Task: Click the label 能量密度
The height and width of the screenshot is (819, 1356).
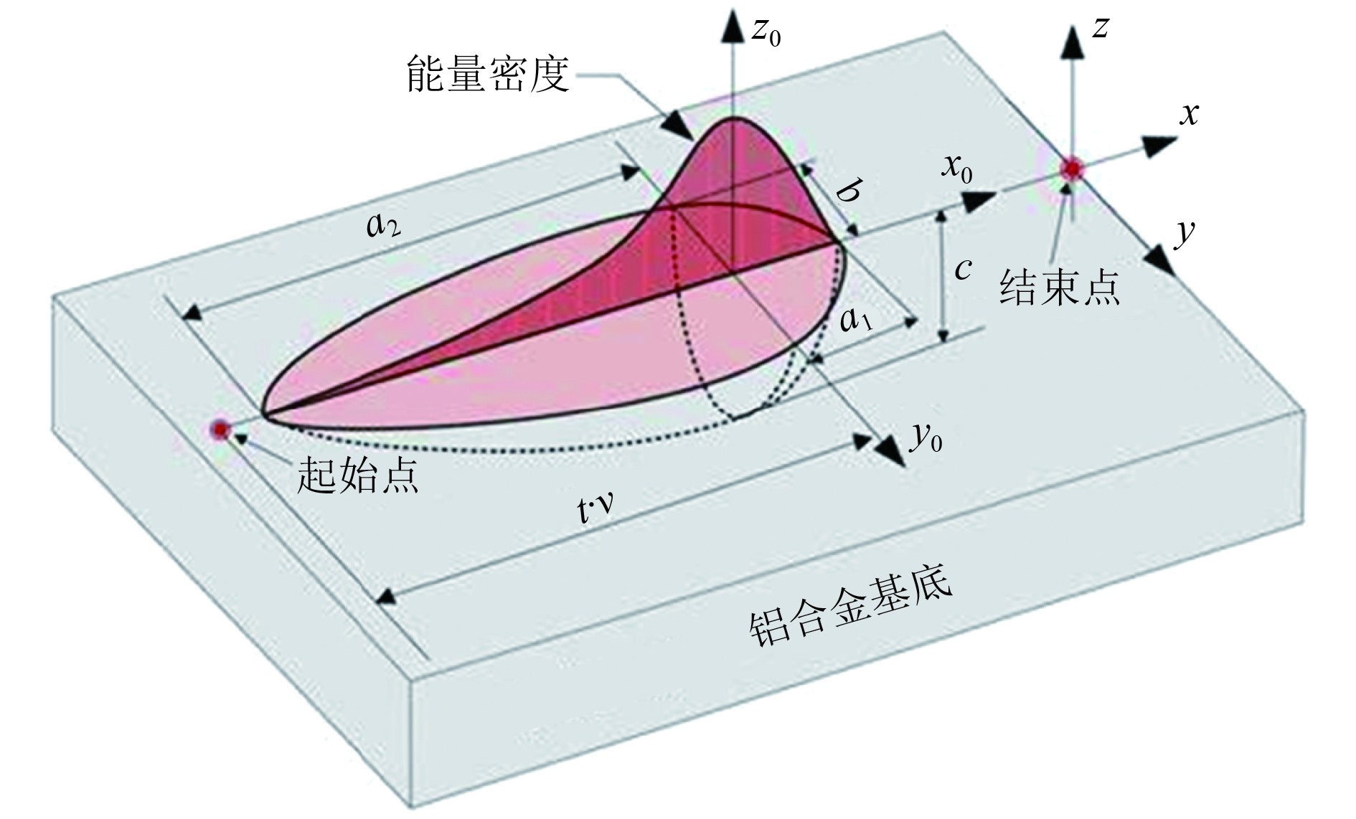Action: point(488,74)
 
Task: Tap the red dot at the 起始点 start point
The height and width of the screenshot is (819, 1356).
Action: point(220,429)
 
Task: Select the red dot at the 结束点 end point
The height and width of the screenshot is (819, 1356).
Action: point(1072,169)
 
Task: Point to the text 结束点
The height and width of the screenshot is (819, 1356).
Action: point(1060,287)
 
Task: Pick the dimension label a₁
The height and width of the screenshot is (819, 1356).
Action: point(856,320)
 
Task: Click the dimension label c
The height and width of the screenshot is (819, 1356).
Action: point(963,269)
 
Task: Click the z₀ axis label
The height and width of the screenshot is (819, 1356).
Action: point(765,32)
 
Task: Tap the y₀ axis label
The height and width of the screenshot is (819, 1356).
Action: point(926,437)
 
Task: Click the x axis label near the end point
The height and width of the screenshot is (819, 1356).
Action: point(1189,114)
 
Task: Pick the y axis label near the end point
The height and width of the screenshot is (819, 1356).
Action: point(1184,234)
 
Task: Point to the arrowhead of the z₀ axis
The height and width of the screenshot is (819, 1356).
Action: point(733,25)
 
